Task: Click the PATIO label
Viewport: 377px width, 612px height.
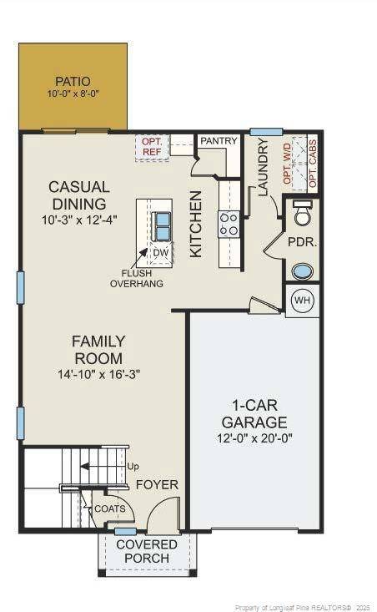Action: pos(73,82)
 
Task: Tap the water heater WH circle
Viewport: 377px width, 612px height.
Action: pos(302,301)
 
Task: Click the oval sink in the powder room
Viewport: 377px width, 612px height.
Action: pos(303,271)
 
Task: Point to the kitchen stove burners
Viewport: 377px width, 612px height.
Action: pos(229,224)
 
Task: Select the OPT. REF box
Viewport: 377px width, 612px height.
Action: pos(153,148)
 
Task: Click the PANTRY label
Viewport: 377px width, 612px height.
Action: pos(219,141)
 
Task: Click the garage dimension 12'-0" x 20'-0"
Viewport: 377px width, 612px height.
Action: pos(255,438)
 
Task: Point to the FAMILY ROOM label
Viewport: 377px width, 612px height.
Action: pos(98,350)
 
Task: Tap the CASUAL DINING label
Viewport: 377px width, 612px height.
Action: pos(78,195)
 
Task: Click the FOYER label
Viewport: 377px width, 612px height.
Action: pos(157,484)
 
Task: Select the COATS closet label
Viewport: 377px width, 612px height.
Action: pos(109,508)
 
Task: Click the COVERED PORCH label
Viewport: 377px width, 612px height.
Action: pos(147,551)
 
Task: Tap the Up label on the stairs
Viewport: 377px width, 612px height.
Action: pos(133,467)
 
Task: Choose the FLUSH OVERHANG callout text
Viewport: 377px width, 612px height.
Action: pos(137,278)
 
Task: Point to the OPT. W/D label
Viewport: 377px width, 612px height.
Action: pos(289,164)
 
